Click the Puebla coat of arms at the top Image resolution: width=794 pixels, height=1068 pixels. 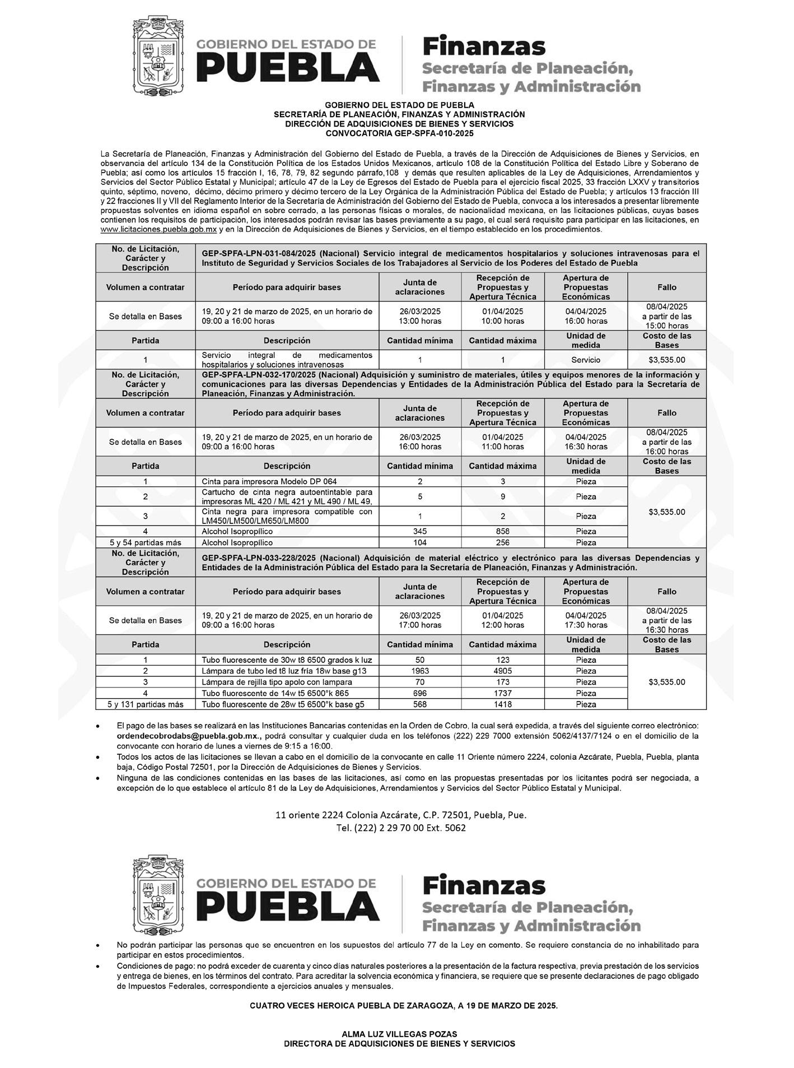click(157, 56)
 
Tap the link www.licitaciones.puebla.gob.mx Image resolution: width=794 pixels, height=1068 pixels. click(158, 230)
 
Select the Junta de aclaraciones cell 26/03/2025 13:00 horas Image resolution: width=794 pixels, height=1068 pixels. click(420, 316)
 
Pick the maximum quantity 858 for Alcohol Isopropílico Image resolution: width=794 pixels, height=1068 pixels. click(502, 531)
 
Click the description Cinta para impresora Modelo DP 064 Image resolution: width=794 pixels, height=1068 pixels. click(269, 481)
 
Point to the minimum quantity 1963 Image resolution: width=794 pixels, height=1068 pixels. click(420, 671)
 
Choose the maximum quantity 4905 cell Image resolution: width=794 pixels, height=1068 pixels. click(502, 671)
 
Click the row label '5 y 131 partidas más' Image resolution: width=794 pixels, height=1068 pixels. click(146, 704)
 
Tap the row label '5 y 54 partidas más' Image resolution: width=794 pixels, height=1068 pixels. click(146, 542)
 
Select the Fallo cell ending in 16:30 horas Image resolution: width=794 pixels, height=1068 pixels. click(666, 620)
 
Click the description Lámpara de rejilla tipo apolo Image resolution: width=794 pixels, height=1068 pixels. click(277, 682)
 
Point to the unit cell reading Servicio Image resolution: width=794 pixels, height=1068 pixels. click(586, 360)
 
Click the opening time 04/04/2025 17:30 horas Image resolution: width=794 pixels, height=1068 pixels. click(586, 620)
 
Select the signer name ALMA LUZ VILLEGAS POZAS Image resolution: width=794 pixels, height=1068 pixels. click(399, 1034)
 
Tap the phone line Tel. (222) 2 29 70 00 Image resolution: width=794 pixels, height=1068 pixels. click(400, 828)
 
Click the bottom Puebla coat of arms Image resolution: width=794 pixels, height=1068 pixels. click(157, 894)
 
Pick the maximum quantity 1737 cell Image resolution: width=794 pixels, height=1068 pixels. click(502, 693)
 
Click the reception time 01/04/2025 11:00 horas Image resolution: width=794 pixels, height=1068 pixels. click(502, 442)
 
